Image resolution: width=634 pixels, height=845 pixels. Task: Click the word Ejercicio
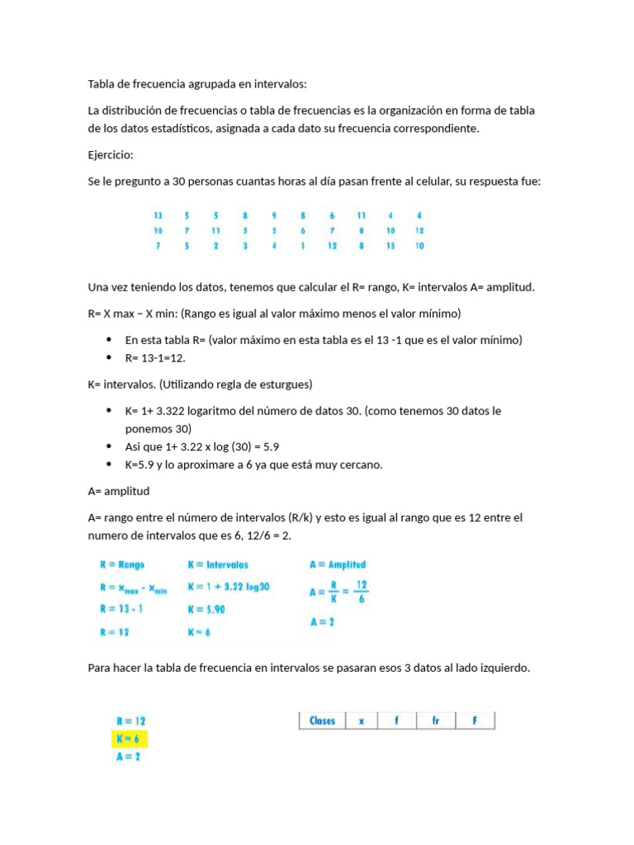coord(110,155)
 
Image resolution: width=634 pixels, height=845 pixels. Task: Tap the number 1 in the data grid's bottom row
coord(303,246)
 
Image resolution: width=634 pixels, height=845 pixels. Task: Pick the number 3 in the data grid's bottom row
coord(244,246)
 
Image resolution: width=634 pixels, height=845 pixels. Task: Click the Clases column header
coord(322,720)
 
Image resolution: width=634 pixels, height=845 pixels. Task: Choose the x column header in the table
coord(362,720)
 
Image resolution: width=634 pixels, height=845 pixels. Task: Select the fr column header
coord(435,720)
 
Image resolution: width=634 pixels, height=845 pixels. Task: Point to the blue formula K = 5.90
coord(206,609)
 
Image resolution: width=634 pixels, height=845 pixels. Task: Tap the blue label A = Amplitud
coord(338,565)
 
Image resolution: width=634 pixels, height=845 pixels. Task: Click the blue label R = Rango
coord(121,565)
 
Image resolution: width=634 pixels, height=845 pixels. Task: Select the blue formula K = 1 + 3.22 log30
coord(229,587)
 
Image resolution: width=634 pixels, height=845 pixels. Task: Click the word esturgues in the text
coord(284,385)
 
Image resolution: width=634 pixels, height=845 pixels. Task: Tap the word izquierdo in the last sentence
coord(502,668)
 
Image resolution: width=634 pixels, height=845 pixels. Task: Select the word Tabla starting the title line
coord(103,83)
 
